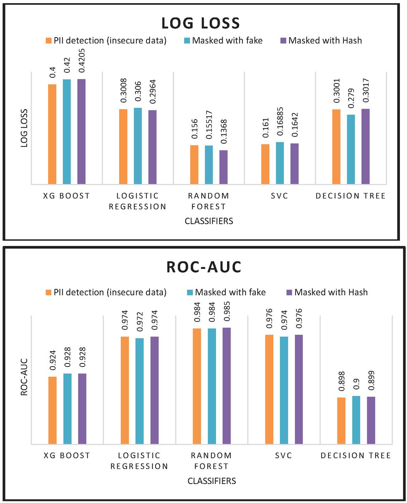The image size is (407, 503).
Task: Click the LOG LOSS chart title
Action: (201, 23)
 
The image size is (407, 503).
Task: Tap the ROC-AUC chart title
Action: (204, 267)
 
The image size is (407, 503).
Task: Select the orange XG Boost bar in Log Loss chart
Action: (52, 134)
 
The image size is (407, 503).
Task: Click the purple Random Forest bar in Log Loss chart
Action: (223, 167)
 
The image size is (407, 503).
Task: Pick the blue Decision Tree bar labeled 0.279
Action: (351, 149)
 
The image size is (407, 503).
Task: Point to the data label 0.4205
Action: (82, 62)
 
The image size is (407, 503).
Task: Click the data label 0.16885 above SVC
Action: (280, 124)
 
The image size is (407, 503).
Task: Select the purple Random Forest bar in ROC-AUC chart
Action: (226, 386)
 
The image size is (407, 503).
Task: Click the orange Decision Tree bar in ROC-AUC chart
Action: (341, 420)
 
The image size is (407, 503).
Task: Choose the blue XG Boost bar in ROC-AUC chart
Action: (67, 408)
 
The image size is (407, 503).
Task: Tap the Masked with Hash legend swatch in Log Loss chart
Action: (283, 40)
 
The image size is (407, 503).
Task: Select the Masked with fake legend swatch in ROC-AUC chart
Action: (189, 292)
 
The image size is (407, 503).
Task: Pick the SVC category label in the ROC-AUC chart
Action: (283, 456)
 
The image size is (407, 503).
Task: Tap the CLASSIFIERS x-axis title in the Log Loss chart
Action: (209, 221)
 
